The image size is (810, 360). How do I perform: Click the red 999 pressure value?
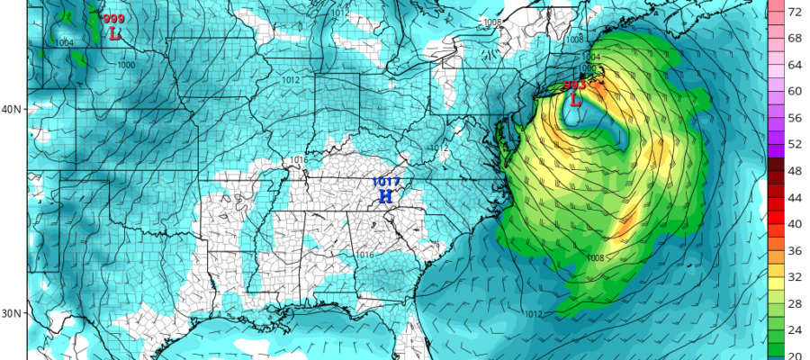click(114, 19)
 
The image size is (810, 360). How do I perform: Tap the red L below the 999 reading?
click(114, 34)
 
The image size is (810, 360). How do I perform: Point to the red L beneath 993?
click(573, 100)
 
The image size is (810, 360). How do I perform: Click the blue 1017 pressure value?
click(385, 183)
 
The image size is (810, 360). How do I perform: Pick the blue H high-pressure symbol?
click(385, 196)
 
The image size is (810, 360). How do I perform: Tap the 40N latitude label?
click(13, 110)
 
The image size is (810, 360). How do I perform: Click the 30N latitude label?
click(13, 313)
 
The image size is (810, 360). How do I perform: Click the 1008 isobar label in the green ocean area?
click(595, 258)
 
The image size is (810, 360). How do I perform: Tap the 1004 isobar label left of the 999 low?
click(64, 42)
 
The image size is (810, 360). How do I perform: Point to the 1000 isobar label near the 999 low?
click(126, 65)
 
